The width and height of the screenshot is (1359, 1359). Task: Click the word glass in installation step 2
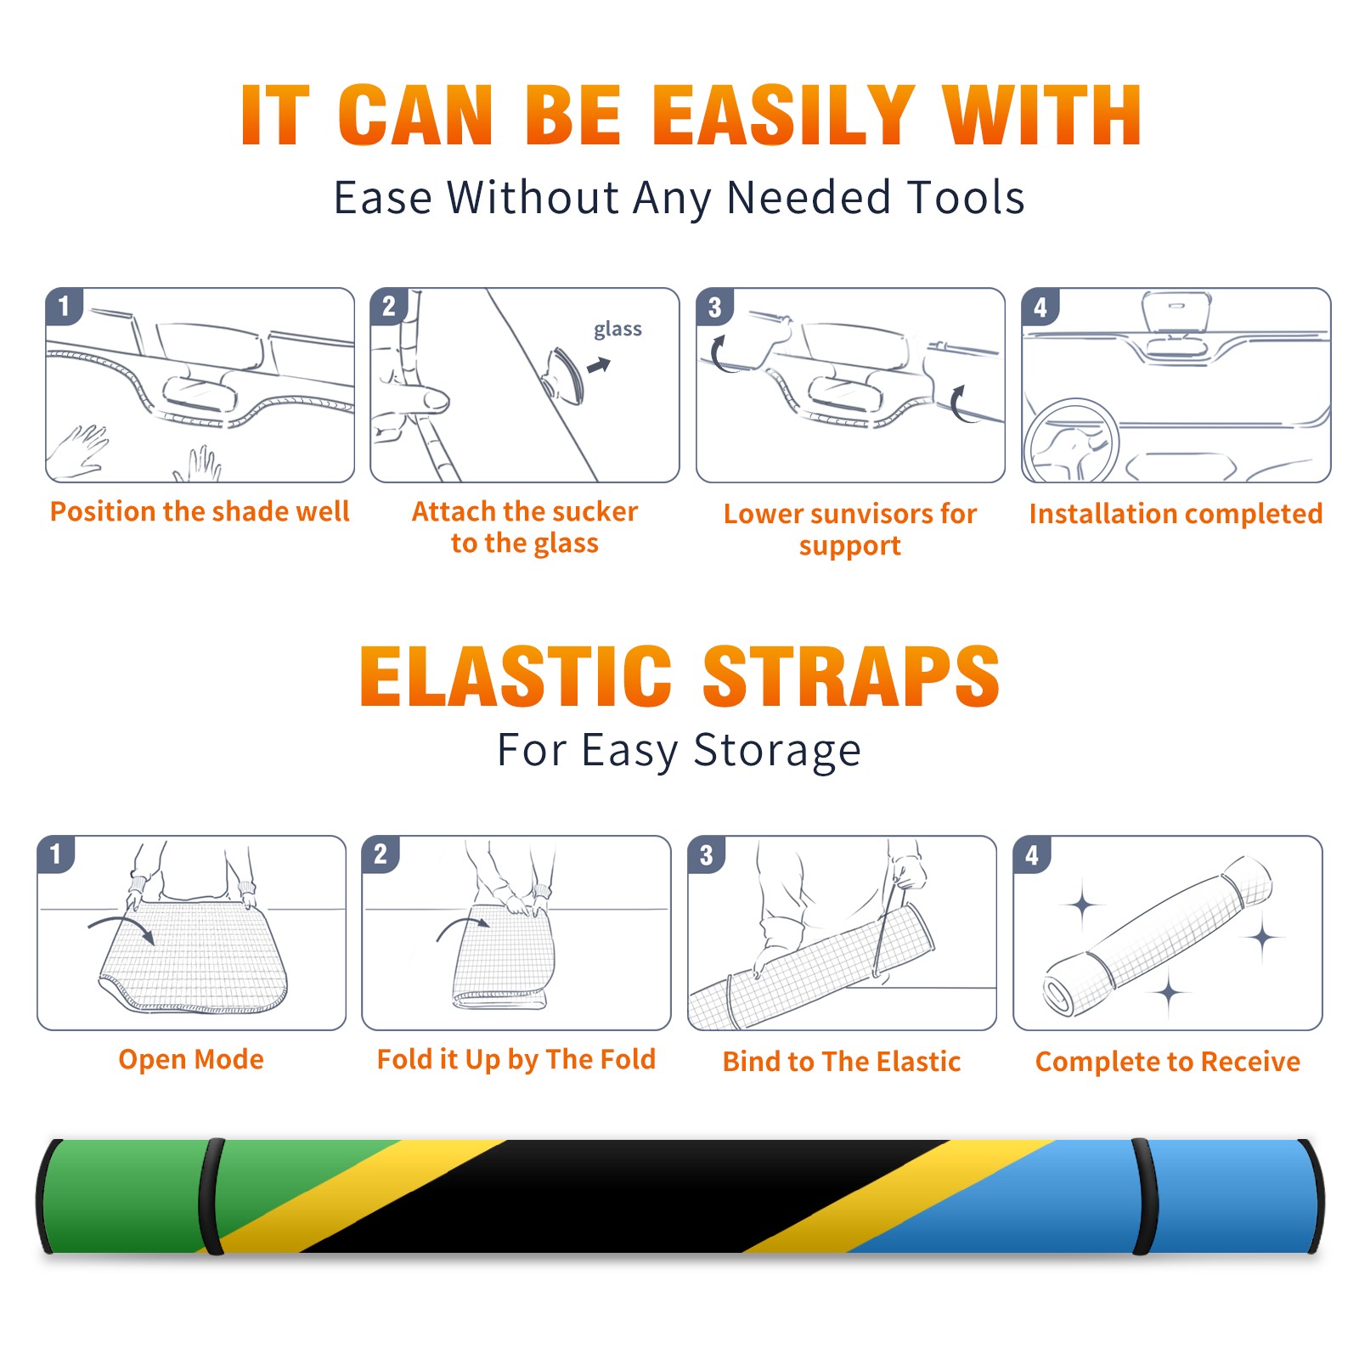617,330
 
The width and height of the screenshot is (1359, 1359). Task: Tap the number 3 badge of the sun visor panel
714,307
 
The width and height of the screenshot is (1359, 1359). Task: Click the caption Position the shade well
200,511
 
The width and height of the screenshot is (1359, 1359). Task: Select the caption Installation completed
1176,514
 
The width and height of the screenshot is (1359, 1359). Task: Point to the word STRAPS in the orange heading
851,676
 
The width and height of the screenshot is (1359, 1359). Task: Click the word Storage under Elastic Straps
777,751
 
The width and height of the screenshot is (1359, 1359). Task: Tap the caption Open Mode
191,1059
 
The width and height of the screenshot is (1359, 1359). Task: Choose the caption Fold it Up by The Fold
516,1060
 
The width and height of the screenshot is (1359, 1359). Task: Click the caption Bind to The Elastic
842,1062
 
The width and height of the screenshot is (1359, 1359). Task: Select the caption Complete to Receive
1168,1062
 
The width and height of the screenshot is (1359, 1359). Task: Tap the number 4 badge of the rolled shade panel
1032,854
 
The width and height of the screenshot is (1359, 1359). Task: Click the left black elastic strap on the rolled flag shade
211,1197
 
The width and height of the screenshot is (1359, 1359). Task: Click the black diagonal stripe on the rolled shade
624,1196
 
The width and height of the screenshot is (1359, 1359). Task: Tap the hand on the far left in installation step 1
78,450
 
